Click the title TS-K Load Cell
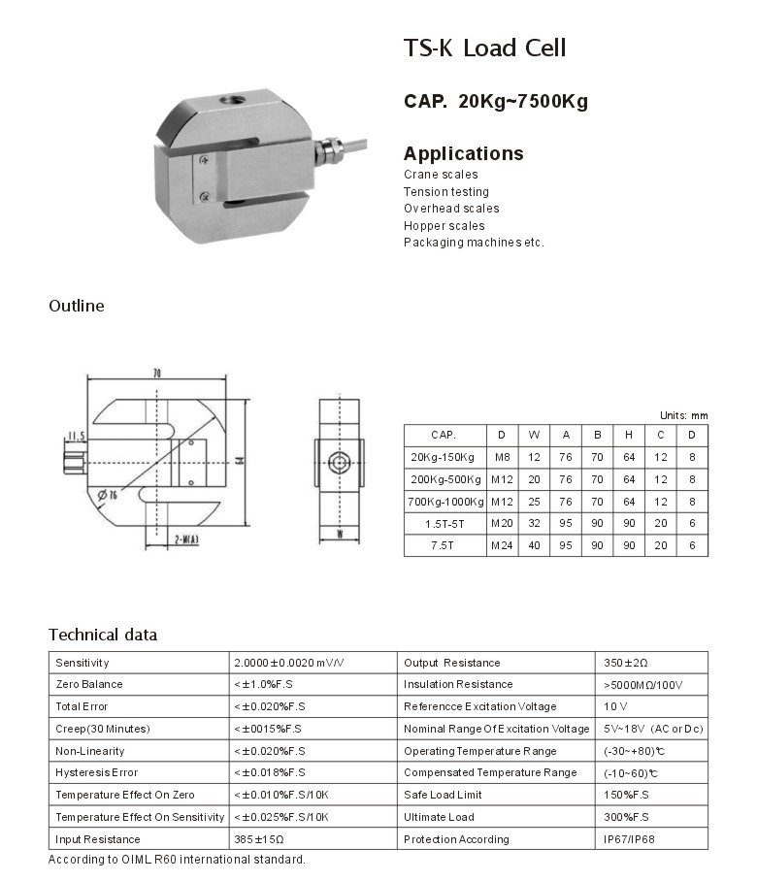tap(484, 49)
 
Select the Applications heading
tap(463, 153)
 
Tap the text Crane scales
tap(441, 175)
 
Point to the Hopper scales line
tap(444, 226)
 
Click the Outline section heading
tap(76, 306)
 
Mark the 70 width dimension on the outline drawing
tap(157, 373)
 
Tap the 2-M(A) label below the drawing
tap(186, 538)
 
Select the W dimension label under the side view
tap(340, 534)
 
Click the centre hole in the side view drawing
tap(340, 463)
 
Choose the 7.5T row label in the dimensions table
tap(444, 546)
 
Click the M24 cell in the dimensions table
tap(501, 546)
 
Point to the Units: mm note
tap(683, 415)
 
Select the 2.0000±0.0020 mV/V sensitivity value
tap(288, 663)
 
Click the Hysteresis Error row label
tap(97, 773)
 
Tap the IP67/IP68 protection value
tap(629, 839)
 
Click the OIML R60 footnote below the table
tap(178, 860)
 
